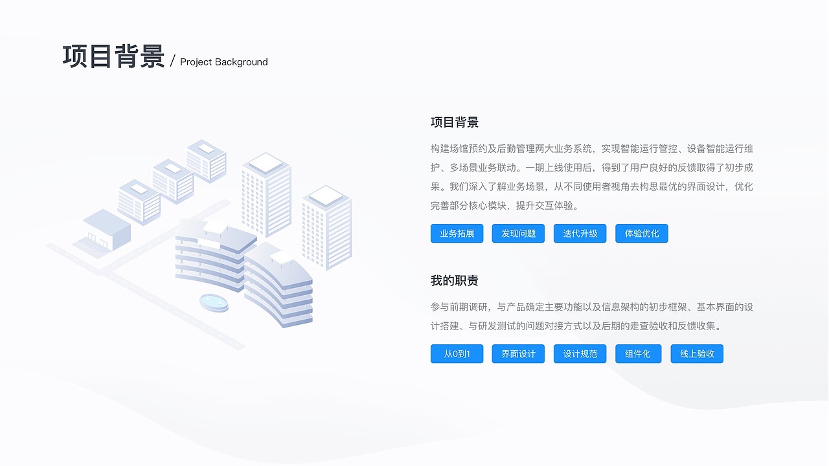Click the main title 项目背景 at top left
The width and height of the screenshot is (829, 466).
pyautogui.click(x=113, y=57)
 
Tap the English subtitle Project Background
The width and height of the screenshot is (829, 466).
pyautogui.click(x=223, y=62)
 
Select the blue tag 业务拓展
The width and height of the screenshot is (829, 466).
pyautogui.click(x=457, y=234)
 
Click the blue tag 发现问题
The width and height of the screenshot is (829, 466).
pyautogui.click(x=519, y=234)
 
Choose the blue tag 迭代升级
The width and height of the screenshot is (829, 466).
pyautogui.click(x=580, y=234)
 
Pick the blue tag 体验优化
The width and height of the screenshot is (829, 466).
pyautogui.click(x=642, y=234)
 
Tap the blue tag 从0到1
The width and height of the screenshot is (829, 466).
pyautogui.click(x=457, y=354)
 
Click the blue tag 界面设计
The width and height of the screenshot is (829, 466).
pyautogui.click(x=519, y=354)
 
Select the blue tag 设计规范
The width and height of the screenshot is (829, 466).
pyautogui.click(x=580, y=354)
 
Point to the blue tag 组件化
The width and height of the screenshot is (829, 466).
pyautogui.click(x=639, y=354)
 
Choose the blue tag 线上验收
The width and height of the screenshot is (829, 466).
pyautogui.click(x=698, y=354)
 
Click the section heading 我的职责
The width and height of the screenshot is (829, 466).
pyautogui.click(x=455, y=281)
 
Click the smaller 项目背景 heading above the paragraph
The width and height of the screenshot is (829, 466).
pyautogui.click(x=455, y=122)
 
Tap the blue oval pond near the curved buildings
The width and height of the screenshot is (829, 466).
pyautogui.click(x=214, y=302)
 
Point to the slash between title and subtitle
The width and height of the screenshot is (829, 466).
pyautogui.click(x=173, y=61)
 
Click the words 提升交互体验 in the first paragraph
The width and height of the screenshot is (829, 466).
pyautogui.click(x=548, y=206)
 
